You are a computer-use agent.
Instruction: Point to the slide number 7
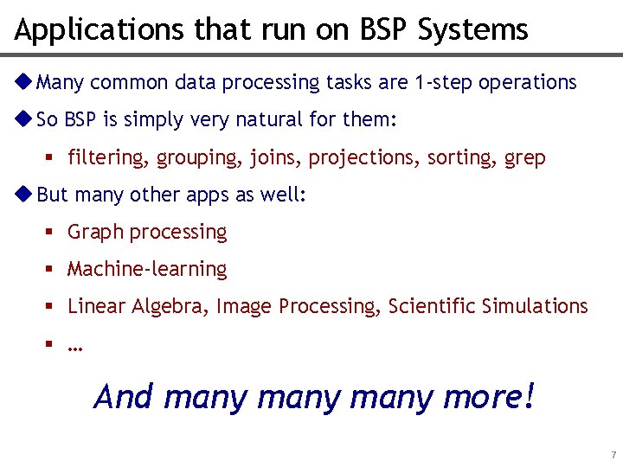(613, 455)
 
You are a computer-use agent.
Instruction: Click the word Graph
(94, 233)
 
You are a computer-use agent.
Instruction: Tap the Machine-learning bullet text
(147, 270)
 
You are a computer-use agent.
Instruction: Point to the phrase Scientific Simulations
(488, 306)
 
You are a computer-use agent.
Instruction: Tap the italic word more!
(489, 397)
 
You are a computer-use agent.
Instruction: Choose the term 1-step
(443, 83)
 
